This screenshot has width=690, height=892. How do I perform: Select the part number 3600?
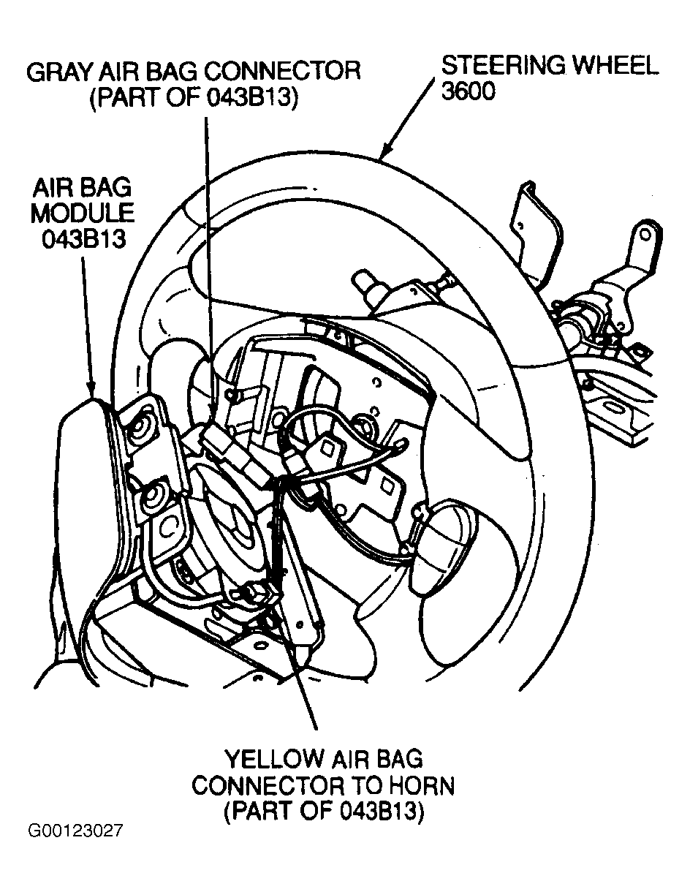pos(468,92)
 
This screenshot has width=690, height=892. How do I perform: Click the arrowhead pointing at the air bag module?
pos(91,390)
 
